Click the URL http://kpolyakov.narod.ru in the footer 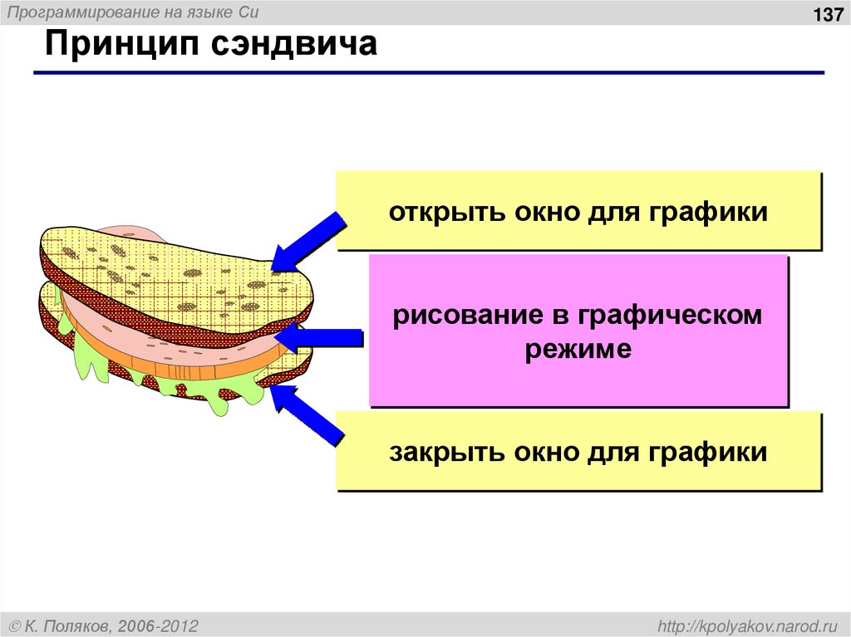(747, 625)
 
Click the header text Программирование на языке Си (134, 14)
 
